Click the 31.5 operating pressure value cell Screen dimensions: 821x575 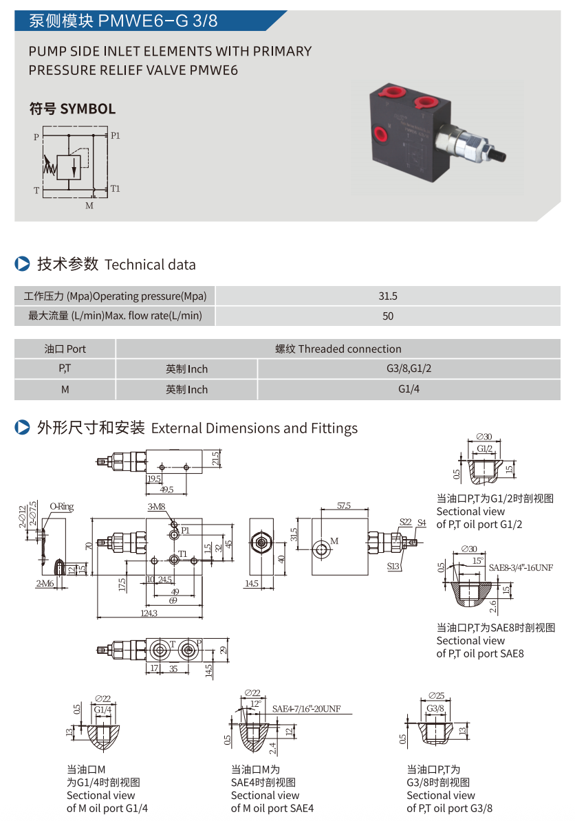click(x=388, y=296)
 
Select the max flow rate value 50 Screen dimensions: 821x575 click(x=388, y=316)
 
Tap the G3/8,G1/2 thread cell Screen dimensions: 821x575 click(x=409, y=369)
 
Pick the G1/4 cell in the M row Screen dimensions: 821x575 click(x=409, y=389)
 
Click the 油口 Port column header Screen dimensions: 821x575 click(x=65, y=349)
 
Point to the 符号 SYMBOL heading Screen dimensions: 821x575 click(x=72, y=109)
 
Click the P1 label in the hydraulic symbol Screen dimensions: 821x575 click(x=116, y=135)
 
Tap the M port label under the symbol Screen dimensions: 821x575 click(x=89, y=205)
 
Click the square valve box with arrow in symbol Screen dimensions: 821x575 click(x=69, y=166)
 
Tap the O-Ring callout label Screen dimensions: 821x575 click(x=61, y=507)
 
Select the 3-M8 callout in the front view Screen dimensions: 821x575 click(x=157, y=507)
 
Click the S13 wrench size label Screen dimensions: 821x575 click(x=393, y=567)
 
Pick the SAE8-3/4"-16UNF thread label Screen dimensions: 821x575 click(x=521, y=567)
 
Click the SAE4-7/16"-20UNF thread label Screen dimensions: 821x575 click(x=306, y=709)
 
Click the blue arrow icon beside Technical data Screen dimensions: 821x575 click(x=22, y=264)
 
